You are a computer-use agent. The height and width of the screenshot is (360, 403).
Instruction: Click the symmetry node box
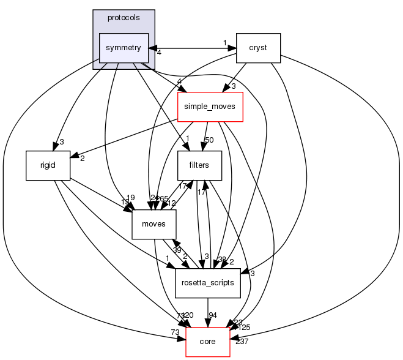(124, 48)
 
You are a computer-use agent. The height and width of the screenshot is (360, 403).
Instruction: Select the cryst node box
(258, 48)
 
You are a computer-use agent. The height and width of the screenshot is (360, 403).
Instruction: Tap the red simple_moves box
(210, 107)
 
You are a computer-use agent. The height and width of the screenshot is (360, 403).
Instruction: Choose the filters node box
(199, 165)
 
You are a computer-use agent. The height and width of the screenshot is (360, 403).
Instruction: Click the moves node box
(154, 224)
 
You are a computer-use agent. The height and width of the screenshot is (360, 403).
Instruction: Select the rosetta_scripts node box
(207, 282)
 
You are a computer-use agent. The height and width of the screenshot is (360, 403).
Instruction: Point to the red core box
(208, 341)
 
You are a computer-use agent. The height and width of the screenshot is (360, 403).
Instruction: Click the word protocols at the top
(124, 18)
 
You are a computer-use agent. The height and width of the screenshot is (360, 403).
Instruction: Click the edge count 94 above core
(213, 315)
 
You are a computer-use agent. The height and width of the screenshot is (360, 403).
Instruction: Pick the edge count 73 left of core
(175, 332)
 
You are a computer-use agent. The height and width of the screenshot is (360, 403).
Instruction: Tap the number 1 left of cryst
(224, 42)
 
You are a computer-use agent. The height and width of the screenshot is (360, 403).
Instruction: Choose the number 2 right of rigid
(81, 158)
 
